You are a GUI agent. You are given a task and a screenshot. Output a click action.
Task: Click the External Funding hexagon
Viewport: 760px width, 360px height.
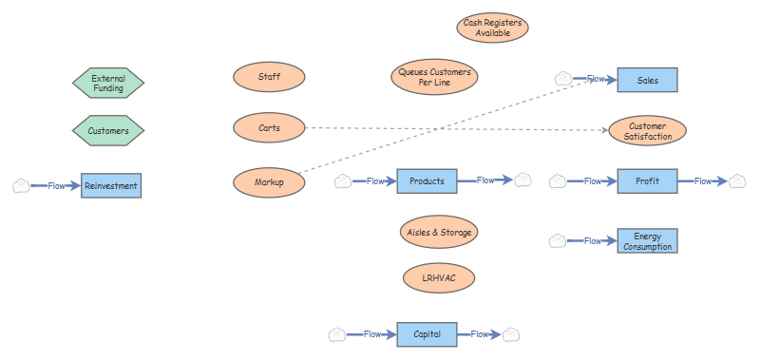(108, 83)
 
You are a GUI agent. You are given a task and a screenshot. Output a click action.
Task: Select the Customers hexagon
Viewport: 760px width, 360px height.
(108, 130)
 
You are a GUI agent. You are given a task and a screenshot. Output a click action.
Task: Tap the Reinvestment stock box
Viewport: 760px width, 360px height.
(111, 186)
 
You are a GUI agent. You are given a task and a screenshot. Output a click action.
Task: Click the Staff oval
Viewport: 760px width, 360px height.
(269, 77)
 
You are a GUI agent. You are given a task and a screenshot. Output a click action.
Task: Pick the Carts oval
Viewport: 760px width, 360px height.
(269, 126)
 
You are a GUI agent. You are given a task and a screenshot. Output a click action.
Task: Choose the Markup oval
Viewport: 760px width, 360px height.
(269, 181)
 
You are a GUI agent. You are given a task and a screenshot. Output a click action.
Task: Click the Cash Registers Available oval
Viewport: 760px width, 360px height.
(492, 28)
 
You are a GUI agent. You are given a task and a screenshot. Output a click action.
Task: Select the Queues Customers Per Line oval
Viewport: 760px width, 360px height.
(434, 77)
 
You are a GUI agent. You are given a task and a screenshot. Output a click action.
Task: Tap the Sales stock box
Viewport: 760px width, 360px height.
(647, 81)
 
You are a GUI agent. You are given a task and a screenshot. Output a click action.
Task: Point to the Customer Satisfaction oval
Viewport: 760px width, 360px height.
(647, 131)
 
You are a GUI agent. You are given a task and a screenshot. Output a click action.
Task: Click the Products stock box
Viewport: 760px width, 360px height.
(427, 180)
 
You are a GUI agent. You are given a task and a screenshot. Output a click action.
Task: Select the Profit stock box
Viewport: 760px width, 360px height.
(647, 180)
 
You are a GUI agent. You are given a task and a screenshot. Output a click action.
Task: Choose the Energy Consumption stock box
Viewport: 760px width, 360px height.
(647, 241)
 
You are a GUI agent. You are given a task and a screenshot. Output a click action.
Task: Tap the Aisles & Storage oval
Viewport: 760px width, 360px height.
(438, 231)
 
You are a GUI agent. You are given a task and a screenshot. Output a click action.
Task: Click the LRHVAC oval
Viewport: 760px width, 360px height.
(438, 278)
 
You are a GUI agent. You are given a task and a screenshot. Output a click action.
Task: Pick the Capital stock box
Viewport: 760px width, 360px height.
(427, 333)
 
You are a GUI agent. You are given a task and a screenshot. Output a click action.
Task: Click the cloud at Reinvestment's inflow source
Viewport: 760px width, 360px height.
(21, 186)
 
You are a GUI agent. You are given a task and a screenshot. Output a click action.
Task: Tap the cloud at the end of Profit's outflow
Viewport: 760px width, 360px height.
(737, 180)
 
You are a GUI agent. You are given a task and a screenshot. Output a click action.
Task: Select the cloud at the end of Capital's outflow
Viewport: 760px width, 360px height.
(511, 333)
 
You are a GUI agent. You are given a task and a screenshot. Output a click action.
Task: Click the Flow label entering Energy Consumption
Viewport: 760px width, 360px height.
(593, 241)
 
